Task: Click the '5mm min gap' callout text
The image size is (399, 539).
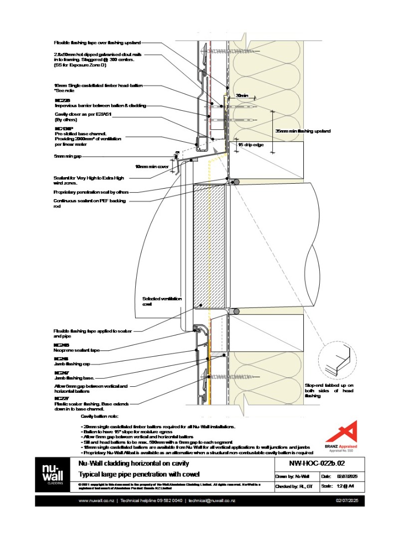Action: [67, 156]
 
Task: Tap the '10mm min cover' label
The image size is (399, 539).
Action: [151, 167]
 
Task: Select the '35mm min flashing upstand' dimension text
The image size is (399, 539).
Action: [303, 131]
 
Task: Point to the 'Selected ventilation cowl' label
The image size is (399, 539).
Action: [162, 301]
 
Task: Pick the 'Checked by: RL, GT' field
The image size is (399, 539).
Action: [294, 486]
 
